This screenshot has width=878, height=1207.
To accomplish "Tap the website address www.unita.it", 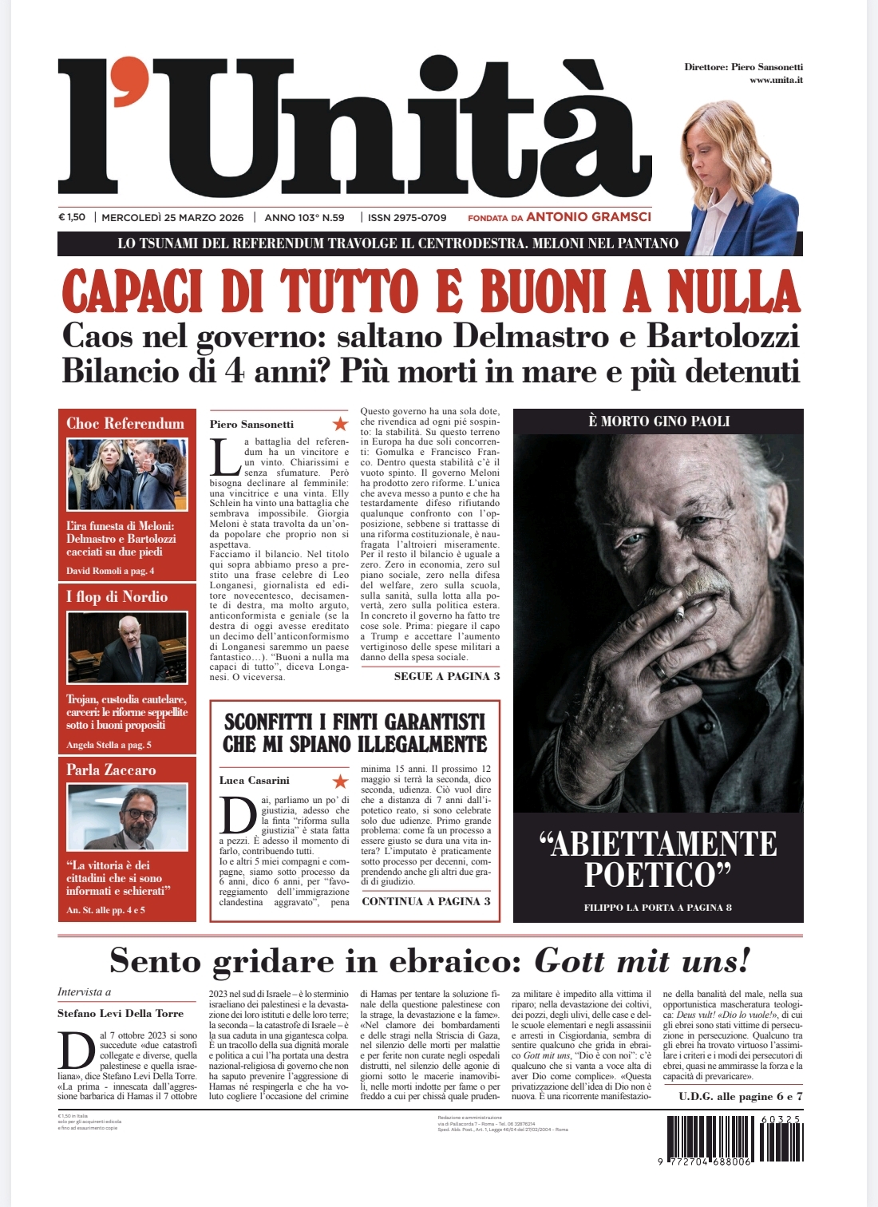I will [x=776, y=80].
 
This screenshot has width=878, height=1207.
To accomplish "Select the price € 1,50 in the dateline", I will [x=72, y=217].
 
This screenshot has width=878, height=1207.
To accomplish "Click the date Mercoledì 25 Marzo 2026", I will [x=172, y=217].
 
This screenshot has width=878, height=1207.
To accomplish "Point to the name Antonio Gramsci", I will [x=588, y=216].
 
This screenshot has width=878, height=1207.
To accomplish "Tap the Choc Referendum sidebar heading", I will [x=125, y=423].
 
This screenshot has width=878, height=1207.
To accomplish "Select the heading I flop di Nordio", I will [x=117, y=596].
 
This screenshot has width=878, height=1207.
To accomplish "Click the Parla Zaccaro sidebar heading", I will [x=111, y=770].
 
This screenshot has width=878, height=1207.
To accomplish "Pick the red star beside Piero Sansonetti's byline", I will [x=340, y=424].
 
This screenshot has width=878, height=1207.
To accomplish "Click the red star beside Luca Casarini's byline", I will [x=340, y=781].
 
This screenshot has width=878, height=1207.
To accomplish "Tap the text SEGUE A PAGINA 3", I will [x=447, y=676].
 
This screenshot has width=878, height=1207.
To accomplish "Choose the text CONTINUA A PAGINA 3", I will [x=426, y=901].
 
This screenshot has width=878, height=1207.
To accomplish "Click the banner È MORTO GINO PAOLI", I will [x=658, y=421].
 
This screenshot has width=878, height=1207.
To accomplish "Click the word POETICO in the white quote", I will [x=657, y=875].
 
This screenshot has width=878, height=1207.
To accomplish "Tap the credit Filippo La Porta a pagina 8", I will [x=658, y=908].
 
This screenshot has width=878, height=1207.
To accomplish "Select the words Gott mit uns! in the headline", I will [x=642, y=960].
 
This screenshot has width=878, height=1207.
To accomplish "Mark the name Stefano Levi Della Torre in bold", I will [x=121, y=1013].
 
